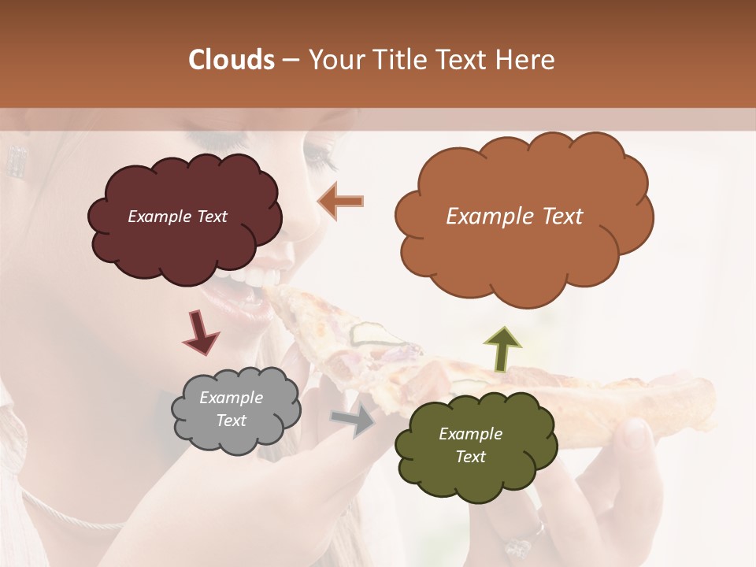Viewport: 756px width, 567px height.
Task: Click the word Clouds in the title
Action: point(232,60)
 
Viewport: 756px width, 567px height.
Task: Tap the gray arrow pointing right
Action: point(354,420)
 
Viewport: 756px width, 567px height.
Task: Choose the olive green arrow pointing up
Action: point(502,349)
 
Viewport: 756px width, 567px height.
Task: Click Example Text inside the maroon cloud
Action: point(177,217)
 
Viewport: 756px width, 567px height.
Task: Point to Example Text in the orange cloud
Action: point(514,217)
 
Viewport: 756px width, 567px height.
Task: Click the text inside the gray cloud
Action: point(231,409)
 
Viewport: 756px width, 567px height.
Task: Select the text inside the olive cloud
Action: point(470,445)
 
